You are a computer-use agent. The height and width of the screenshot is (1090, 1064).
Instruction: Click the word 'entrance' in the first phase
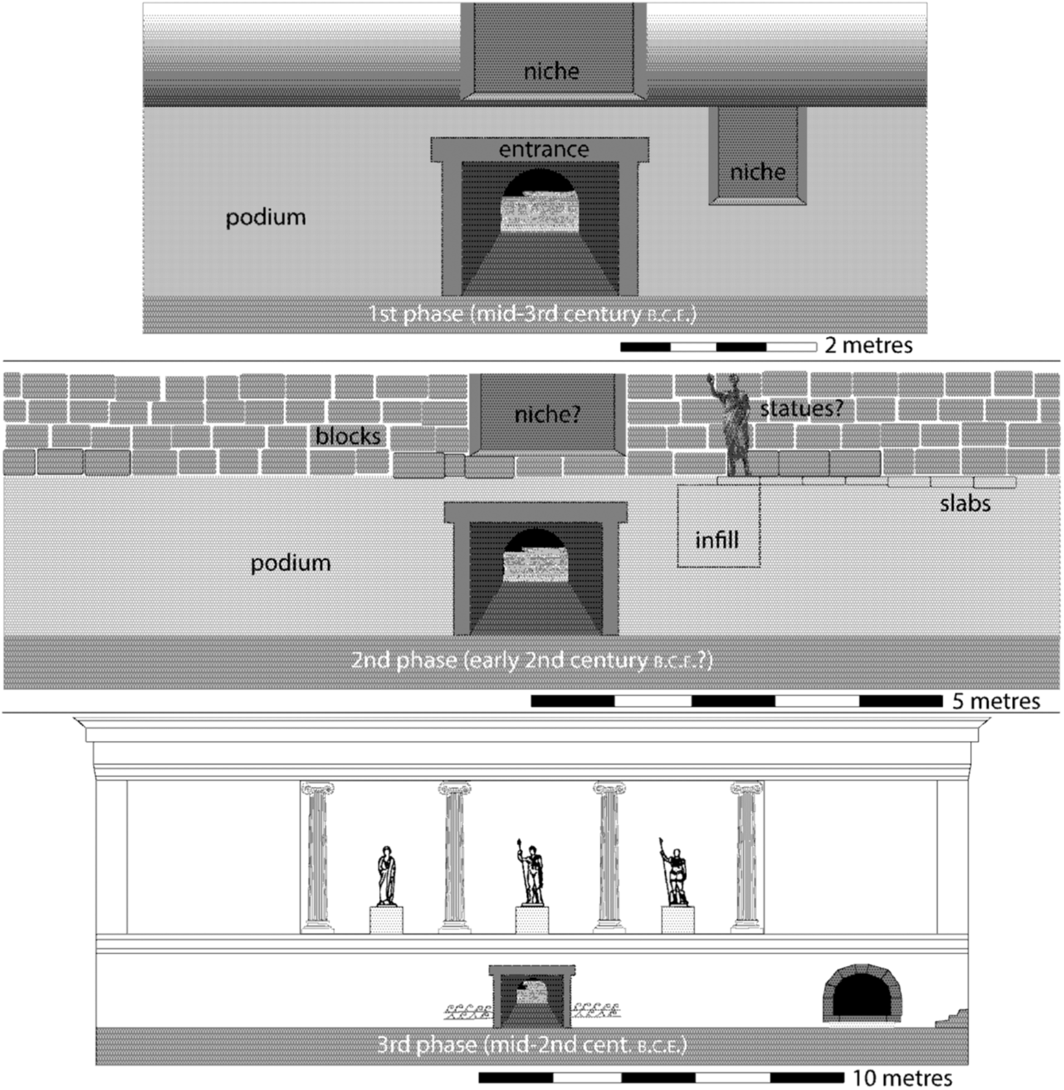[544, 150]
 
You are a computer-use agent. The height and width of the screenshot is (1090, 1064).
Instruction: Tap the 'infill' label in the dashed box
[717, 540]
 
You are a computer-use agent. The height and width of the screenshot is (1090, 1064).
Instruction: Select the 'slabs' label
[964, 503]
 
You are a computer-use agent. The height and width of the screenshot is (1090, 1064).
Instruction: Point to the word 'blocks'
[348, 436]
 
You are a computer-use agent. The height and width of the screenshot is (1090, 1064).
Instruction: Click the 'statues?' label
[801, 410]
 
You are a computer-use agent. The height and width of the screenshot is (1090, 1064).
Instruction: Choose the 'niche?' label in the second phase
[547, 414]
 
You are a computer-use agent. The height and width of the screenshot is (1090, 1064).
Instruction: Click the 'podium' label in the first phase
[266, 217]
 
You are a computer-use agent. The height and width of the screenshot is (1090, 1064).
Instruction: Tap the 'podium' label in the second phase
[290, 563]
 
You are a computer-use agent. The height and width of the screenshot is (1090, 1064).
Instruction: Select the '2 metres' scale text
[868, 345]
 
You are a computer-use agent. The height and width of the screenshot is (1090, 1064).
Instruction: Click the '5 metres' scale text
[995, 701]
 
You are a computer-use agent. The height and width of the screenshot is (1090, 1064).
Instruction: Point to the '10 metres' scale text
[902, 1078]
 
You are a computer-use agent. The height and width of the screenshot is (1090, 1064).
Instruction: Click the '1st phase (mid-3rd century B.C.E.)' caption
[532, 314]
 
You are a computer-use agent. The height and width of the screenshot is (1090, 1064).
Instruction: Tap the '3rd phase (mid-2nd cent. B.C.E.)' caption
[532, 1045]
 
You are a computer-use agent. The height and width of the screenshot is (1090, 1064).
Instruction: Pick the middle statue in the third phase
[531, 873]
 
